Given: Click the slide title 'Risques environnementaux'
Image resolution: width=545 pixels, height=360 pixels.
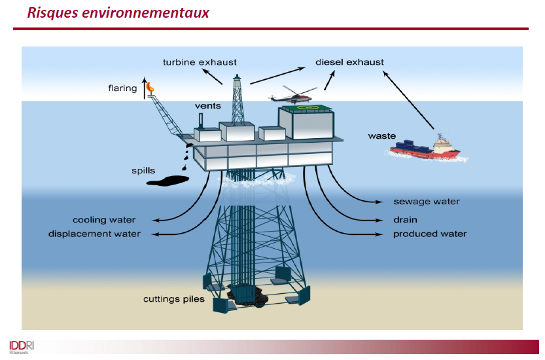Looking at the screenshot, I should click(118, 13).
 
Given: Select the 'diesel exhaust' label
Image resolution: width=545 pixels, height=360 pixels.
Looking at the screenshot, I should click(349, 62).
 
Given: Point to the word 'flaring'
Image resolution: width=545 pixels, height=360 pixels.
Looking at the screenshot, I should click(123, 88).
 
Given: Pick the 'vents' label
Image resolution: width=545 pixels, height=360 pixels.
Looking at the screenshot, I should click(208, 105).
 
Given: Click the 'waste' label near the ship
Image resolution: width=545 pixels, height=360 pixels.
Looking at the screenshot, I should click(381, 136).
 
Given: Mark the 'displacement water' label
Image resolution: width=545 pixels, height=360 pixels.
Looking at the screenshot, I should click(94, 234).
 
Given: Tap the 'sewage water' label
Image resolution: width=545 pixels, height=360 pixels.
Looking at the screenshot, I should click(426, 202).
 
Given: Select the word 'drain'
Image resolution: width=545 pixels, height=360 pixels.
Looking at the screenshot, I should click(405, 220).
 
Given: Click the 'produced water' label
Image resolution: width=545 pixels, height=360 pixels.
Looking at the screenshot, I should click(430, 234).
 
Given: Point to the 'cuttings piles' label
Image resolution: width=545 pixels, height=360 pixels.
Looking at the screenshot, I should click(174, 299).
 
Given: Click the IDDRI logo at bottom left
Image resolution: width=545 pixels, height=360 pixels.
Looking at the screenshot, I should click(22, 345).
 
